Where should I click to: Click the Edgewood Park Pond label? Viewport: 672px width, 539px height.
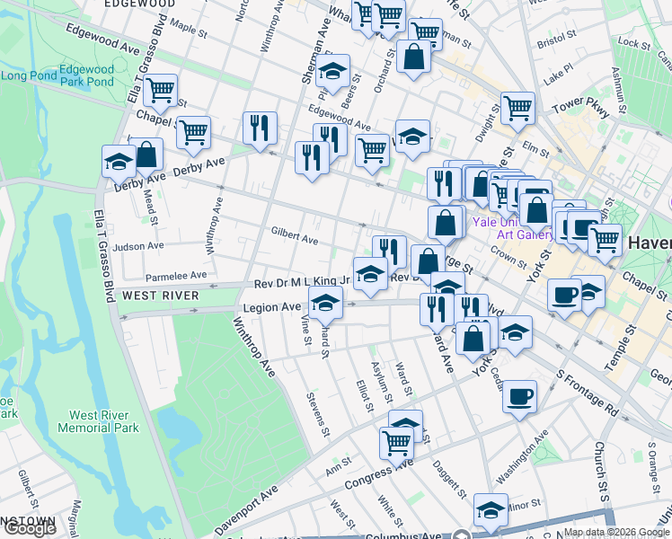click(x=87, y=75)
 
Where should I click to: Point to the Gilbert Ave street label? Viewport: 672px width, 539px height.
click(x=295, y=240)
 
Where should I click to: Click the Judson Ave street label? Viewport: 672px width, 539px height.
click(x=138, y=245)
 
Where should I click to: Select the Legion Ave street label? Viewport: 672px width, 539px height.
click(x=271, y=307)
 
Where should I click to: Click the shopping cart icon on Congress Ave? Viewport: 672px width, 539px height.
click(x=396, y=440)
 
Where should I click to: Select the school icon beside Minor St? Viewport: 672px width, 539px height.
click(x=491, y=510)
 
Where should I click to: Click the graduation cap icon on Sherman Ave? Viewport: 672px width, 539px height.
click(x=332, y=71)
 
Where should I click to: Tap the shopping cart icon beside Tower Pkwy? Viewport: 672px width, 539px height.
click(x=517, y=108)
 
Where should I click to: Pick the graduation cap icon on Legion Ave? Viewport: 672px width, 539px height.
click(x=326, y=303)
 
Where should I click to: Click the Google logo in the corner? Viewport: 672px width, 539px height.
click(x=30, y=529)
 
